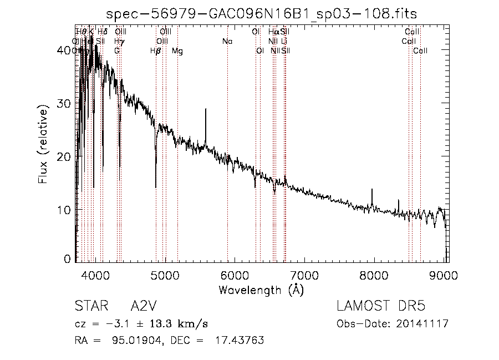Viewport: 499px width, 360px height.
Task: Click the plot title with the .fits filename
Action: pos(261,13)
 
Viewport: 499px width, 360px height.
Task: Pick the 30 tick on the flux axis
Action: pos(64,103)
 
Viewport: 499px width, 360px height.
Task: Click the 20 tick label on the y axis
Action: pos(64,156)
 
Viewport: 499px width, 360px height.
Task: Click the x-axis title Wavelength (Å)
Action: pos(261,290)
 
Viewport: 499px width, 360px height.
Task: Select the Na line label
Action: pos(227,42)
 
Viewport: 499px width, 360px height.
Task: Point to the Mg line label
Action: pos(177,51)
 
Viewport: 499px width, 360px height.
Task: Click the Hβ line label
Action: pos(156,51)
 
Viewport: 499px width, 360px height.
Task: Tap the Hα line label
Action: pos(273,32)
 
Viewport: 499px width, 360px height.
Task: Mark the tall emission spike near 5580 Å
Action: pos(206,110)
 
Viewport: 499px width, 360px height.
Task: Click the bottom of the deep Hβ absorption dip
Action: pos(156,186)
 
